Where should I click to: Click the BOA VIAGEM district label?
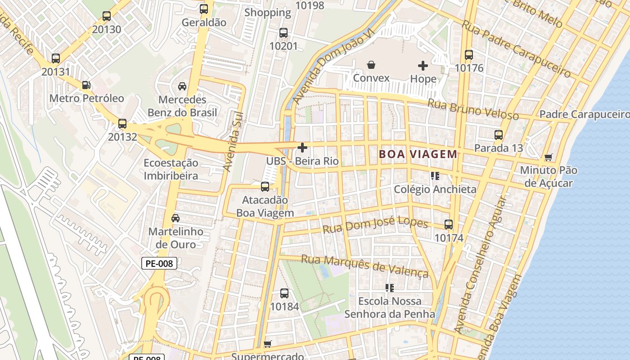click(x=418, y=154)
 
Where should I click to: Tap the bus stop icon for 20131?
click(x=56, y=58)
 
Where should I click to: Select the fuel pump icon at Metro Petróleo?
click(x=86, y=85)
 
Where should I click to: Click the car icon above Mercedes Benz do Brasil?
click(x=182, y=86)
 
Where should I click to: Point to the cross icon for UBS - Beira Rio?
click(x=302, y=148)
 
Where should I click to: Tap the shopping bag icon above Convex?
click(x=371, y=65)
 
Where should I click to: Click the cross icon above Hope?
click(x=423, y=66)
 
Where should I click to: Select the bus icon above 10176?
click(x=469, y=55)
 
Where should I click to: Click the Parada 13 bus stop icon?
click(x=499, y=135)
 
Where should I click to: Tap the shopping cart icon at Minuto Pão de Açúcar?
click(x=548, y=157)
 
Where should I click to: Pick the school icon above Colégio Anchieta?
click(x=435, y=176)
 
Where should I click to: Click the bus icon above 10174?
click(x=449, y=225)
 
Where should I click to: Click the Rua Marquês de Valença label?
click(x=364, y=265)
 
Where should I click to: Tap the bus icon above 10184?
click(x=284, y=293)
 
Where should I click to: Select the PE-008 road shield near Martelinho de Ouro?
click(x=159, y=263)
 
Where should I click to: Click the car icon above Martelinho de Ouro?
click(x=175, y=219)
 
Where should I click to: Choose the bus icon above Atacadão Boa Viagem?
click(x=265, y=186)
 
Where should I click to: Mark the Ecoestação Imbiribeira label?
click(x=171, y=169)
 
